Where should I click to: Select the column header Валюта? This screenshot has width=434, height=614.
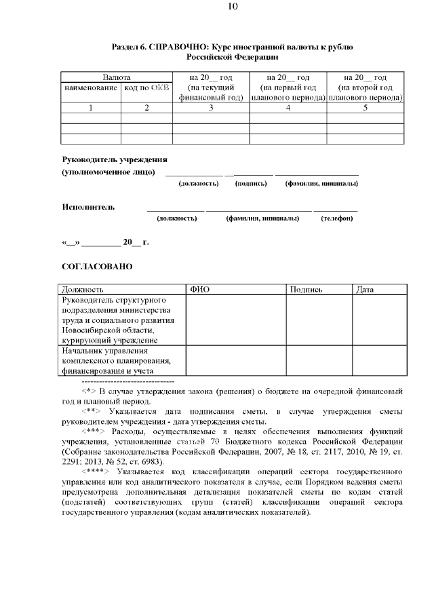pos(117,78)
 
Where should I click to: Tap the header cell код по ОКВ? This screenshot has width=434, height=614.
pos(146,88)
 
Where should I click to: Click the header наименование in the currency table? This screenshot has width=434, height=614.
pos(91,88)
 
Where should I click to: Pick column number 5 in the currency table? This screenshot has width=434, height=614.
pos(365,107)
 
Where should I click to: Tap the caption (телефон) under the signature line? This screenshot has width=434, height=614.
pos(336,218)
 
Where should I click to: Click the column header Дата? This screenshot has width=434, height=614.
pos(366,290)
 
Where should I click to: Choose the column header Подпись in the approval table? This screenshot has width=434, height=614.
pos(306,290)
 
